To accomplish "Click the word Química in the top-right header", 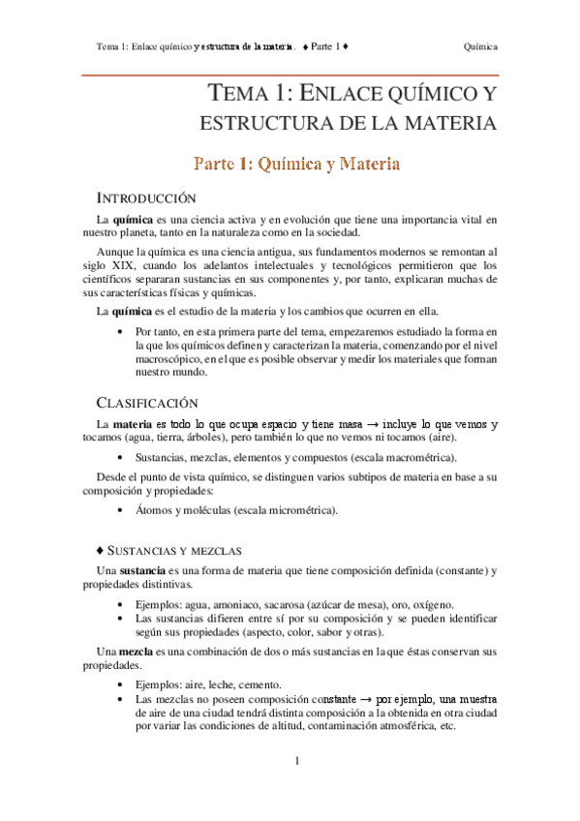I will coord(481,46).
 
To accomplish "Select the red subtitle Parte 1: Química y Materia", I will coord(296,164).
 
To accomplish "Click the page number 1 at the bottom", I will coord(298,761).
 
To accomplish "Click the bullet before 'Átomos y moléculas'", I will coord(119,510).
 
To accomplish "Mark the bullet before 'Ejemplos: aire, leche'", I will coord(119,684).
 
